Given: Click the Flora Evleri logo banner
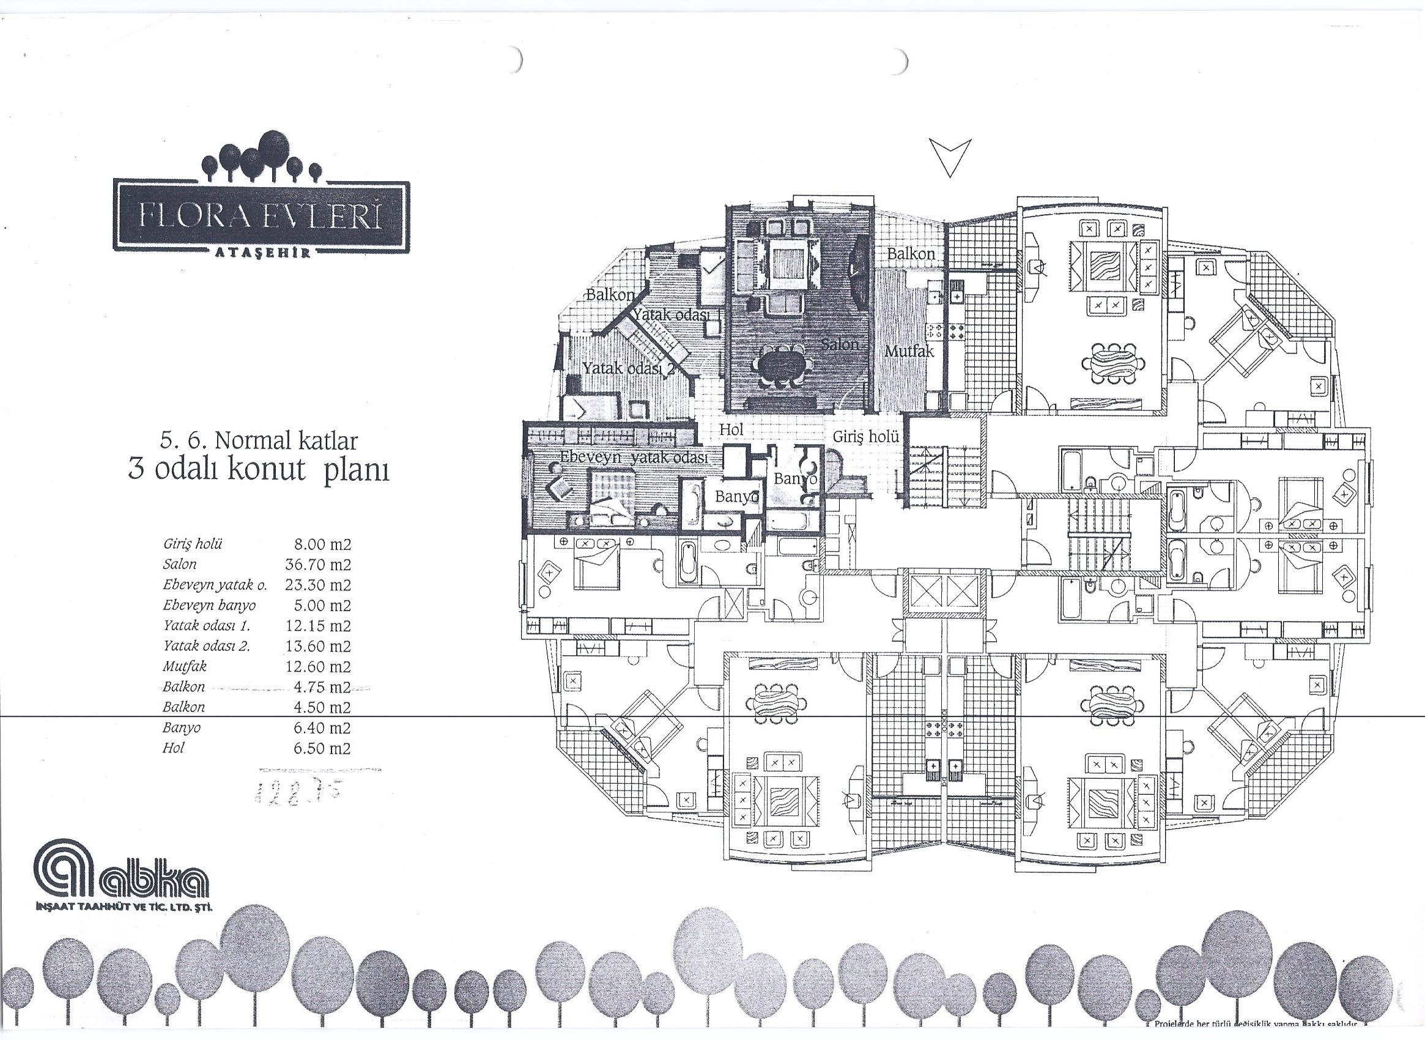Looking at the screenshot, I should click(261, 217).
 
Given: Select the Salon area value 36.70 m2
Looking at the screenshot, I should click(318, 564).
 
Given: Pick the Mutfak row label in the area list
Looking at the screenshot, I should click(185, 666).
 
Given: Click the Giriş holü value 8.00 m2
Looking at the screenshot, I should click(322, 544).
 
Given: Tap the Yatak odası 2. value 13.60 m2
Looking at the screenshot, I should click(318, 646).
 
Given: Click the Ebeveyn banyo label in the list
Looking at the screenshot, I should click(209, 605).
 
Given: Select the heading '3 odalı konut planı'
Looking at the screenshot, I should click(259, 470).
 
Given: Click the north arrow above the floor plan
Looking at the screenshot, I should click(950, 157).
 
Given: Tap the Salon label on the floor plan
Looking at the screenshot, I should click(840, 344).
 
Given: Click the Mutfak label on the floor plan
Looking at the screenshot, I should click(909, 351).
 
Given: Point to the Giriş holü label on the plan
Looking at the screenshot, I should click(865, 436).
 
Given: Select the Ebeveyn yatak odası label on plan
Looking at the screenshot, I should click(633, 458).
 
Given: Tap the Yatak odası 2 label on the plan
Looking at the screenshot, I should click(628, 368).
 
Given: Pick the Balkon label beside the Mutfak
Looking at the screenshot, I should click(911, 254).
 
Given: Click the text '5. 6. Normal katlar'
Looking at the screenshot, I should click(259, 440).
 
